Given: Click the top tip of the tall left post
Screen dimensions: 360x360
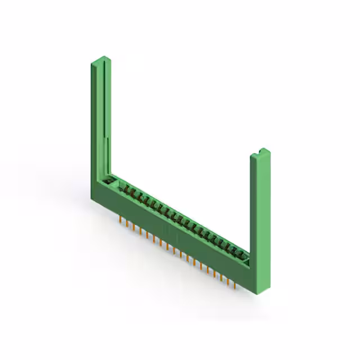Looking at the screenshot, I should point(100,59).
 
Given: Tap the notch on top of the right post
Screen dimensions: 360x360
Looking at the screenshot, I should point(262,151).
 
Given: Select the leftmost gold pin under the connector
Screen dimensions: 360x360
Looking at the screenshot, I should point(120,217).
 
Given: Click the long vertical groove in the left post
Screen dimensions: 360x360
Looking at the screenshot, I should point(103,112).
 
